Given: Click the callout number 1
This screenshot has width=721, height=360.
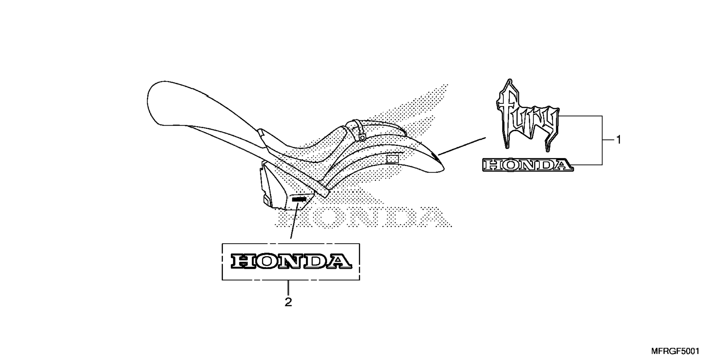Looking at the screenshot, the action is [618, 140].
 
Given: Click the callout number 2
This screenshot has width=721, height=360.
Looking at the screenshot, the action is [288, 302].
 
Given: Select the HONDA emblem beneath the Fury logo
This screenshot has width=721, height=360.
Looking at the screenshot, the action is [528, 165].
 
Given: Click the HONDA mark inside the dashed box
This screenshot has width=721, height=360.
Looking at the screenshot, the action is [291, 261].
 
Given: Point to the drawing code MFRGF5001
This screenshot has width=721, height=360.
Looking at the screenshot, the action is [675, 351].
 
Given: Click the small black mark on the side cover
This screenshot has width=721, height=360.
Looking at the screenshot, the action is [299, 200].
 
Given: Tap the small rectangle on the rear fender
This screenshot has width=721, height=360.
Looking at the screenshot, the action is [392, 160].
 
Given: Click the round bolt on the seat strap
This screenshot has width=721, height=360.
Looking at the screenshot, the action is [362, 138].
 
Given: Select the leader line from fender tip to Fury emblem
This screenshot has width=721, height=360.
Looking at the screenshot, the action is [462, 146].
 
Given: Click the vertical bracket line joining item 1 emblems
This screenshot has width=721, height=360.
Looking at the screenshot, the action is [602, 140].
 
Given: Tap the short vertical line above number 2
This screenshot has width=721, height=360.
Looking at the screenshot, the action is [288, 287].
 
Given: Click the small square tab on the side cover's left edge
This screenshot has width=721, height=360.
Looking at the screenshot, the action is [266, 201].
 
